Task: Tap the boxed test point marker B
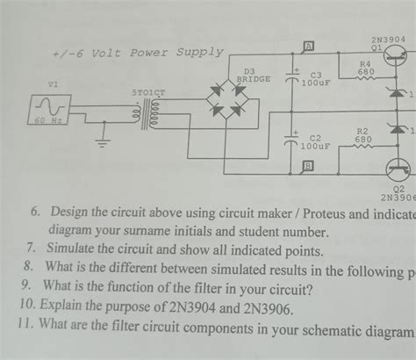308,172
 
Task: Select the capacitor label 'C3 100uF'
316,79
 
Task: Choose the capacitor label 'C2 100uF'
315,142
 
